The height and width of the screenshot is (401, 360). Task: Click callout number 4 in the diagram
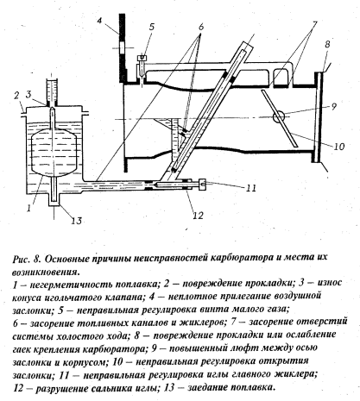pyautogui.click(x=99, y=21)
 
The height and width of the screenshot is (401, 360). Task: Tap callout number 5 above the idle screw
pyautogui.click(x=152, y=27)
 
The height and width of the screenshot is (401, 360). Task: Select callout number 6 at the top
pyautogui.click(x=201, y=27)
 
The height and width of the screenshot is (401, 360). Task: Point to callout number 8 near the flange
pyautogui.click(x=327, y=44)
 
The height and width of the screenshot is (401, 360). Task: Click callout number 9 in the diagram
pyautogui.click(x=333, y=106)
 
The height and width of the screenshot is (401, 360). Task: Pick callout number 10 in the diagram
pyautogui.click(x=339, y=147)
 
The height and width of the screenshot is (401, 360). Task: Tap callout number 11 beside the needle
pyautogui.click(x=251, y=188)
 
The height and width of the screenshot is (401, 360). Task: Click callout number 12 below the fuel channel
pyautogui.click(x=199, y=215)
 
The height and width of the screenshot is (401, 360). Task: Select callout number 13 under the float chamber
pyautogui.click(x=76, y=221)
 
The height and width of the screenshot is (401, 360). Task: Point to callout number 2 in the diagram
pyautogui.click(x=16, y=95)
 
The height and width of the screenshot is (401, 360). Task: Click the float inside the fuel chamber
pyautogui.click(x=54, y=150)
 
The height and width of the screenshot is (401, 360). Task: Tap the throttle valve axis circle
pyautogui.click(x=279, y=117)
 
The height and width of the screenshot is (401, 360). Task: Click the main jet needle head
pyautogui.click(x=203, y=185)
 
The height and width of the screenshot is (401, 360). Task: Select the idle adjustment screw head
pyautogui.click(x=142, y=57)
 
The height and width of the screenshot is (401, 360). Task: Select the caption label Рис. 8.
pyautogui.click(x=26, y=258)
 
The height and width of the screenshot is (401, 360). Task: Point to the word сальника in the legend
pyautogui.click(x=112, y=388)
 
